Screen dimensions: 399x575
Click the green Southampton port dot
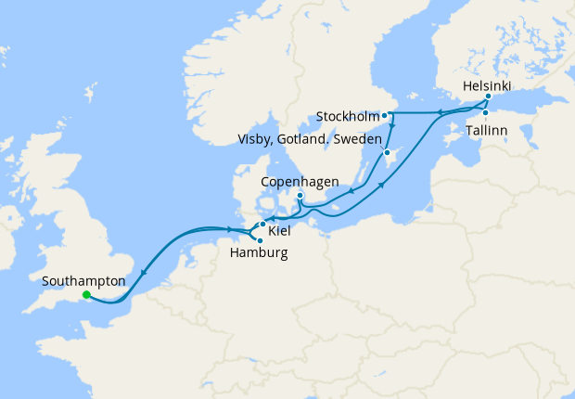86,295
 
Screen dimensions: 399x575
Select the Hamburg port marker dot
260,240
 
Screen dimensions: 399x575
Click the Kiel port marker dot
262,225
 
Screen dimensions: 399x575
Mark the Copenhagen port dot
300,195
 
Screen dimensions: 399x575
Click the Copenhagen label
299,181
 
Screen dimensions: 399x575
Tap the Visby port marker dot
387,152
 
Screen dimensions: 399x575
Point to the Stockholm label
348,117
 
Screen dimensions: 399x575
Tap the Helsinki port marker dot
488,96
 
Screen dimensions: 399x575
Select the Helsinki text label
487,83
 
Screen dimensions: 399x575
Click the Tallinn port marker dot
485,113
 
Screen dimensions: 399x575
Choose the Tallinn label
487,131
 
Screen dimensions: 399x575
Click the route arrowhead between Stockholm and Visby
392,127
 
